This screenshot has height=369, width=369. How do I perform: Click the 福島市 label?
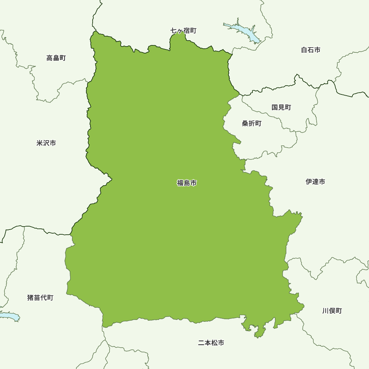[x=187, y=183]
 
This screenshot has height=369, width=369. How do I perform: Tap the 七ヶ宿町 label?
[x=183, y=31]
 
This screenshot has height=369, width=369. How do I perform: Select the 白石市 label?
[x=311, y=50]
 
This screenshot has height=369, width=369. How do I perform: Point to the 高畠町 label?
[x=56, y=58]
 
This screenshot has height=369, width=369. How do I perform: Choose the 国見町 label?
[x=281, y=107]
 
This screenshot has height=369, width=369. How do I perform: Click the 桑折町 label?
[x=252, y=124]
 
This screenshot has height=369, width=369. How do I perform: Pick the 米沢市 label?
[x=46, y=143]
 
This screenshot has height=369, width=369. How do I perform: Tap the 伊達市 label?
[x=315, y=182]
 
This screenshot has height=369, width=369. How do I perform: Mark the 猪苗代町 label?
[x=40, y=297]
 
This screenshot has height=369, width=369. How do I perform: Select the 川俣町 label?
[x=332, y=311]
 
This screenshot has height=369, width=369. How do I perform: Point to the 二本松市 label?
[x=211, y=343]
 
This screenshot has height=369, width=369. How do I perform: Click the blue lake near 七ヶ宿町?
[x=244, y=32]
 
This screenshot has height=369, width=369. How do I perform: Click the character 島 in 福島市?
[x=187, y=183]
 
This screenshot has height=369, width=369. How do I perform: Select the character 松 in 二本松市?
[x=214, y=343]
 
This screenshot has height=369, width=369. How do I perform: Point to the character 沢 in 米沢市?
[x=46, y=143]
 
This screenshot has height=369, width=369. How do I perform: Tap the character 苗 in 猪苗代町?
[x=37, y=297]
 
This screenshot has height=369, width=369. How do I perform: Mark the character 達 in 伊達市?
[x=315, y=182]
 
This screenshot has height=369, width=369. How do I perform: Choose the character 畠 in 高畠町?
[x=56, y=58]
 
